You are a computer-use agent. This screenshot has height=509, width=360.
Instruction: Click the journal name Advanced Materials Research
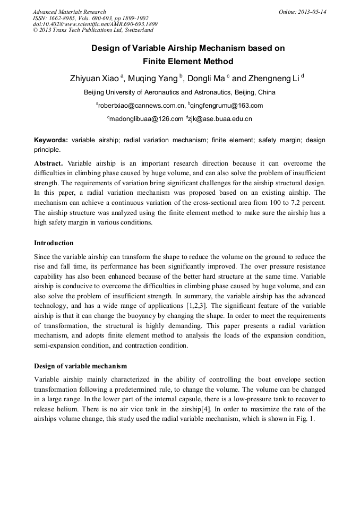(69, 12)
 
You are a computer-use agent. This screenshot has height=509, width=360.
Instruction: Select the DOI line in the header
(95, 24)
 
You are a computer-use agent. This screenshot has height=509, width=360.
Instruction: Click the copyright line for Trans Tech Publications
(93, 31)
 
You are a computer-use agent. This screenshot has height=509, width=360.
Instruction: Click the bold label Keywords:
(51, 140)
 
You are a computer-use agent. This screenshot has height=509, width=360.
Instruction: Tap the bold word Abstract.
(48, 163)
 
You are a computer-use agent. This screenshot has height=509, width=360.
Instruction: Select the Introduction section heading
(54, 243)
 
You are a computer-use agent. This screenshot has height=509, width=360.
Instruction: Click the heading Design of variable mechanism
(80, 366)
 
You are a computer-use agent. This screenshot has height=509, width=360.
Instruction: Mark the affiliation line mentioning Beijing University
(180, 92)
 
